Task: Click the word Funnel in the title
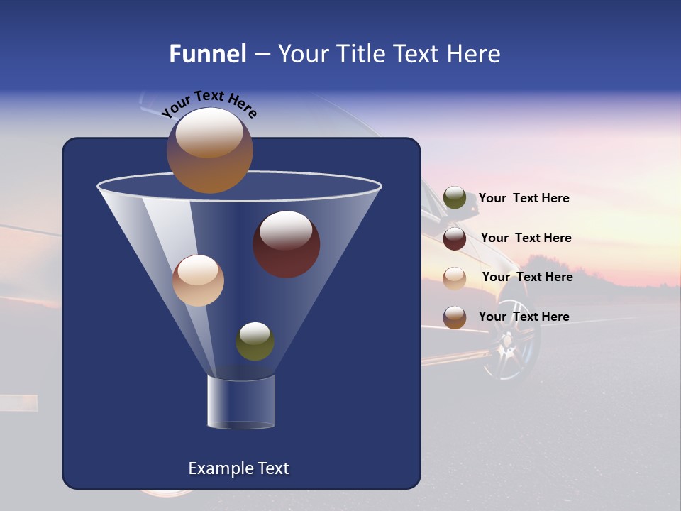[207, 54]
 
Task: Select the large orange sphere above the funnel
[210, 150]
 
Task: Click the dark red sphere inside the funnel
[287, 244]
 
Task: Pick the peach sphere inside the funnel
[198, 280]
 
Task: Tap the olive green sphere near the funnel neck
[255, 341]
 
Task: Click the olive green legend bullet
[455, 198]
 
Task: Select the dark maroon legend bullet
[455, 238]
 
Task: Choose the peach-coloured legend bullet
[455, 278]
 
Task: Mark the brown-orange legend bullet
[455, 317]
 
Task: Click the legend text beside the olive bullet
[524, 198]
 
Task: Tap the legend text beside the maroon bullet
[526, 238]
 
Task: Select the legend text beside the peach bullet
[527, 277]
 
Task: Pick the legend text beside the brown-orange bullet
[524, 317]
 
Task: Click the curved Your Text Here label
[209, 103]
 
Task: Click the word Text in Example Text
[272, 468]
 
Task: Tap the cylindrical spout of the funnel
[241, 402]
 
